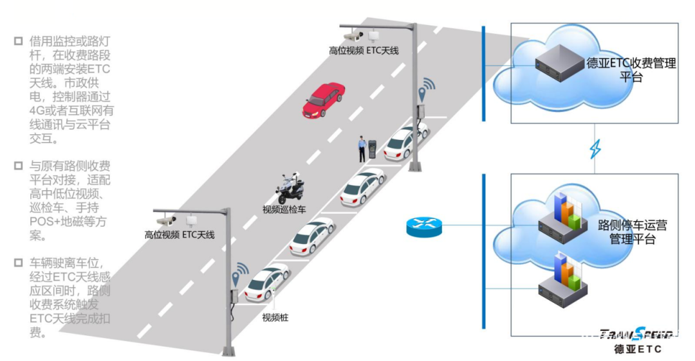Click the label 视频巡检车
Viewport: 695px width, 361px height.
pos(284,209)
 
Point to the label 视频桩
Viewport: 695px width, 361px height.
pos(275,317)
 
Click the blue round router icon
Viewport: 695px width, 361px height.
pos(424,226)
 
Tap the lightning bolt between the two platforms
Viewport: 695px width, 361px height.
pos(595,150)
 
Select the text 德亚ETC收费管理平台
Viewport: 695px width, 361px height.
pos(631,70)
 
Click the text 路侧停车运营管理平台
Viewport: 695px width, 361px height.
pos(632,232)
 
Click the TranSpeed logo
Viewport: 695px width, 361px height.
pos(637,334)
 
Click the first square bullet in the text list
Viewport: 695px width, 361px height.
pos(18,41)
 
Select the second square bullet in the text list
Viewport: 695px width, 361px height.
pos(18,166)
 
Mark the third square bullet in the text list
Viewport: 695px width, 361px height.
pos(18,263)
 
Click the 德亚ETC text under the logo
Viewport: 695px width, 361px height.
pos(637,349)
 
